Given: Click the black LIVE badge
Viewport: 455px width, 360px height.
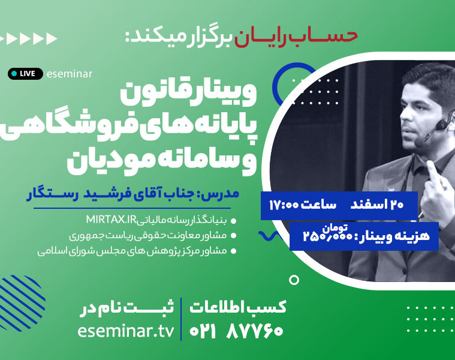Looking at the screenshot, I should coord(25,74).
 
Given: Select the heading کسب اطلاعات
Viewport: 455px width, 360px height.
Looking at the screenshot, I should coord(238,307).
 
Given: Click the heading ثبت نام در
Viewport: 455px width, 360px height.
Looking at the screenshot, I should coord(127,307).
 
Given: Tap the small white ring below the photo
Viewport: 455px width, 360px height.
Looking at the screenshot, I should coord(294,280).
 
